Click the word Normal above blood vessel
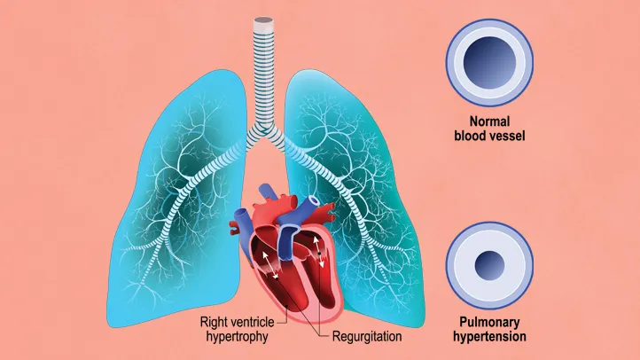coord(489,121)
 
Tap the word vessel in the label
coord(507,136)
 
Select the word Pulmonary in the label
coord(489,322)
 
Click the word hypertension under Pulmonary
coord(489,336)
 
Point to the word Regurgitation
coord(367,336)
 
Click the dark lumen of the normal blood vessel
coord(489,62)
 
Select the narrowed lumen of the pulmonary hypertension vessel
coord(489,265)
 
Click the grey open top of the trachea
coord(263,20)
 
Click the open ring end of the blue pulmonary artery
coord(314,200)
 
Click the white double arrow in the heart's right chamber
coord(318,250)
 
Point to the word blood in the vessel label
coord(471,136)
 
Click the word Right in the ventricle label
coord(213,322)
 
